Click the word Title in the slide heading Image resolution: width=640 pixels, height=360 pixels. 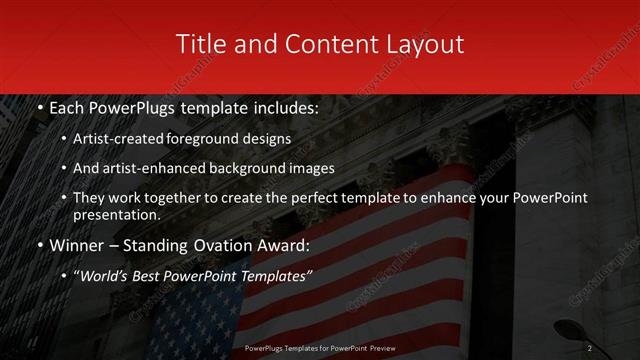tap(198, 45)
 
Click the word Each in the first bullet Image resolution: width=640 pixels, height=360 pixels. tap(66, 108)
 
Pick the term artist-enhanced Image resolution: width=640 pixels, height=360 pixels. tap(168, 168)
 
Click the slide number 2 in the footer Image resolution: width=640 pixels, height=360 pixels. tap(590, 348)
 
